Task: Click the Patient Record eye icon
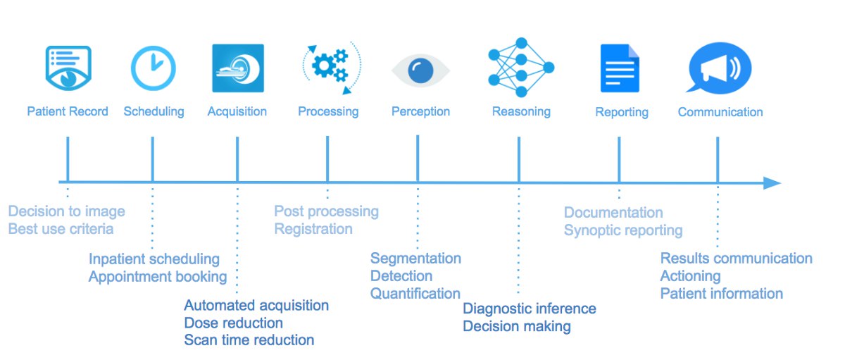[68, 68]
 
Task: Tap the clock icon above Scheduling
[153, 68]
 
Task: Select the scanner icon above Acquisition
[238, 68]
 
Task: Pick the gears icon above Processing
[330, 68]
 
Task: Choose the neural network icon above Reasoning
[521, 68]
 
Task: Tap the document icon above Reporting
[620, 68]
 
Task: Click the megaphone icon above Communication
[720, 69]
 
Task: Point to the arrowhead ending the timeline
[772, 183]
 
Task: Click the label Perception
[420, 111]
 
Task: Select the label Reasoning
[521, 111]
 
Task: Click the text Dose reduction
[233, 323]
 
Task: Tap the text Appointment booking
[158, 276]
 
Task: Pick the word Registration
[313, 229]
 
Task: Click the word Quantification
[415, 293]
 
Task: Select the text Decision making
[516, 326]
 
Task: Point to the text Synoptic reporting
[623, 230]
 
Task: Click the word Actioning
[690, 275]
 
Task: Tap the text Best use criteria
[61, 229]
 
